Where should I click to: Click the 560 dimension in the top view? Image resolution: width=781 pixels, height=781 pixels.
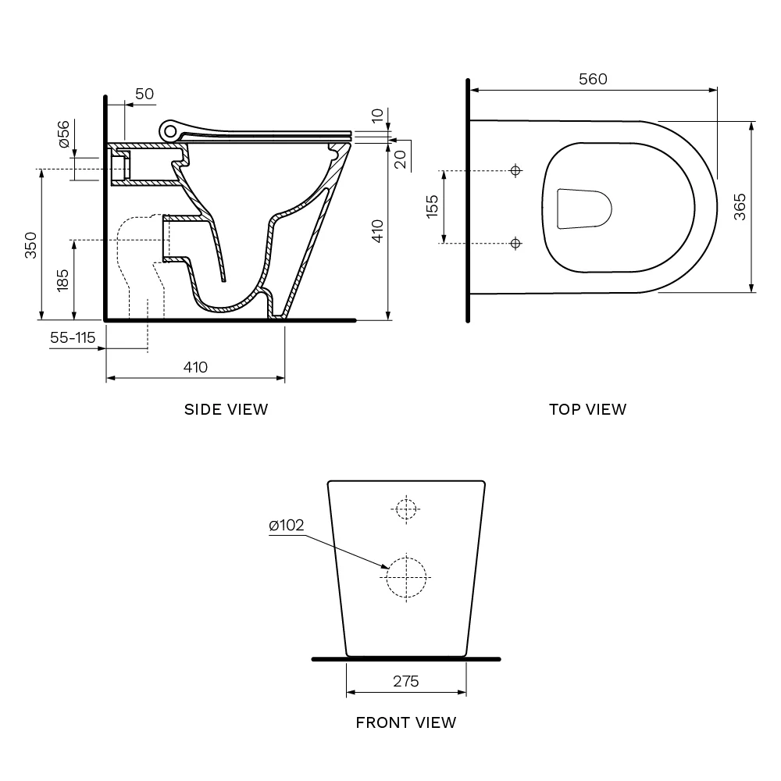tap(593, 79)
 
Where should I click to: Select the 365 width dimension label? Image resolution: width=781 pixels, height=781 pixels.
tap(740, 206)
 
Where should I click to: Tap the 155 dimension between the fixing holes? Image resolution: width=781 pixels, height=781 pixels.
tap(433, 206)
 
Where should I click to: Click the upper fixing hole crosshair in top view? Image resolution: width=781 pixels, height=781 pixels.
tap(515, 170)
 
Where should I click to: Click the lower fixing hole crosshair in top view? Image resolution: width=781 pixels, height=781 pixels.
tap(515, 244)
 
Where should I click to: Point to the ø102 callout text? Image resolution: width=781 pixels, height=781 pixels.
tap(286, 526)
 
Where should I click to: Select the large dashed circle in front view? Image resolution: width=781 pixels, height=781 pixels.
tap(407, 576)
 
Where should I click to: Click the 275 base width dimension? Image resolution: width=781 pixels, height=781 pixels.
tap(405, 681)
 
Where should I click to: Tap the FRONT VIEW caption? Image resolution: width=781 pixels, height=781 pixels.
tap(405, 722)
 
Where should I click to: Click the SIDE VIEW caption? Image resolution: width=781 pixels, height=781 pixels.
tap(226, 409)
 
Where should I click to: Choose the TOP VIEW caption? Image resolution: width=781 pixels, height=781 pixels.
tap(587, 409)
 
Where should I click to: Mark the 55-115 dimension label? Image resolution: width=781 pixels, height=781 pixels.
tap(73, 337)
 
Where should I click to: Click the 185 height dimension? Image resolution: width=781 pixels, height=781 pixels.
tap(62, 280)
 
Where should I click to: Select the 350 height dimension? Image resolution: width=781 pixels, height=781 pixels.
tap(30, 244)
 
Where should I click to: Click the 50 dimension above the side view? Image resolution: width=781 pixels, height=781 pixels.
tap(144, 94)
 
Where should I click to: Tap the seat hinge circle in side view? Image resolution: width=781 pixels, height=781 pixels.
tap(169, 130)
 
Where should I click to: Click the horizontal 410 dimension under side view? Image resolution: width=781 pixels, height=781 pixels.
tap(195, 367)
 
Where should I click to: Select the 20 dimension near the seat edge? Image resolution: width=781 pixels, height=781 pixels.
tap(399, 159)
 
